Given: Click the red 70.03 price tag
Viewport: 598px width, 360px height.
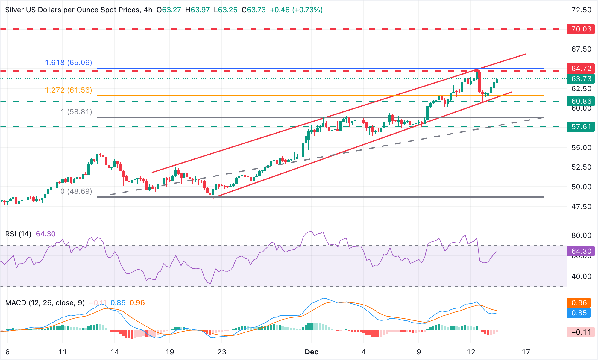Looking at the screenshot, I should (580, 29).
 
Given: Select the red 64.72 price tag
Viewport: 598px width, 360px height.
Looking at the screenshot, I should (580, 69).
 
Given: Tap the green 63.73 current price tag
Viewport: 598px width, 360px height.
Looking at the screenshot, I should (580, 79).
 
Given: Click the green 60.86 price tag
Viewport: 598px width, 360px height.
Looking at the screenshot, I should (580, 101).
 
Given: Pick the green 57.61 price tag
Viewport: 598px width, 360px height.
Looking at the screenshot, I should (580, 127).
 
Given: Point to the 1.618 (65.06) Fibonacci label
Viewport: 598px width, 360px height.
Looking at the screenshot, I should (69, 63).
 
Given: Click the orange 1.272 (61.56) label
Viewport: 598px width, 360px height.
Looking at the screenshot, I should (69, 90).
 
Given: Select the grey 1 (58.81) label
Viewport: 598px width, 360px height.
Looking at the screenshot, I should (76, 112).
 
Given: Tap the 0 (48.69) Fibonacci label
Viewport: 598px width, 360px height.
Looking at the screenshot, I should (76, 191).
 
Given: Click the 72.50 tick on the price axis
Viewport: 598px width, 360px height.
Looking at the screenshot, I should (581, 10).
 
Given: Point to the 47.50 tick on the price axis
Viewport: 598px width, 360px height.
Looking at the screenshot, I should (581, 207).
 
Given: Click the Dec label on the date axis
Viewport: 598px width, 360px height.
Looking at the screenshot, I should (311, 352).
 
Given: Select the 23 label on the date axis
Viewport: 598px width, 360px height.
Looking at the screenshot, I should (222, 352).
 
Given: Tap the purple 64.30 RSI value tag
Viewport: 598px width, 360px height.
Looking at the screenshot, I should (581, 251).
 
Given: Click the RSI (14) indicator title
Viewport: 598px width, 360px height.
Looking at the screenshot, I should (18, 234).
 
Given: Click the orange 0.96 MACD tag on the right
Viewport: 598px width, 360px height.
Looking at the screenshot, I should (579, 303).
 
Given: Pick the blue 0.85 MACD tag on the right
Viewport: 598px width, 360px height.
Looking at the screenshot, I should (579, 313).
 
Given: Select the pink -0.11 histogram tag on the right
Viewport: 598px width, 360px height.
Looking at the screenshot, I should (580, 332).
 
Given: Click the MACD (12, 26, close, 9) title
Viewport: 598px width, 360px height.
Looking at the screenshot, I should (45, 303).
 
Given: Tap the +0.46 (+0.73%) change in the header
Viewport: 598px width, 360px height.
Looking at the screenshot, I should (296, 10).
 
